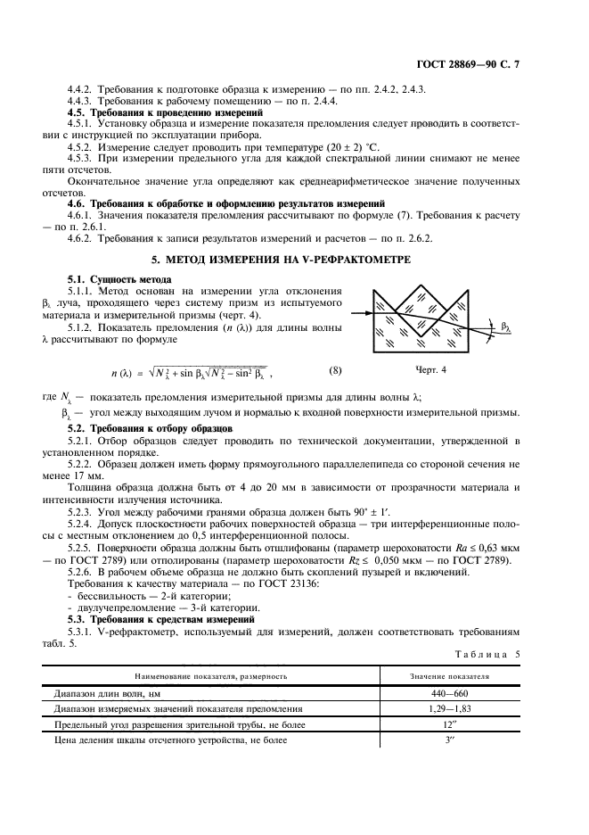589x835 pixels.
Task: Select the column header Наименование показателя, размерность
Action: click(210, 675)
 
